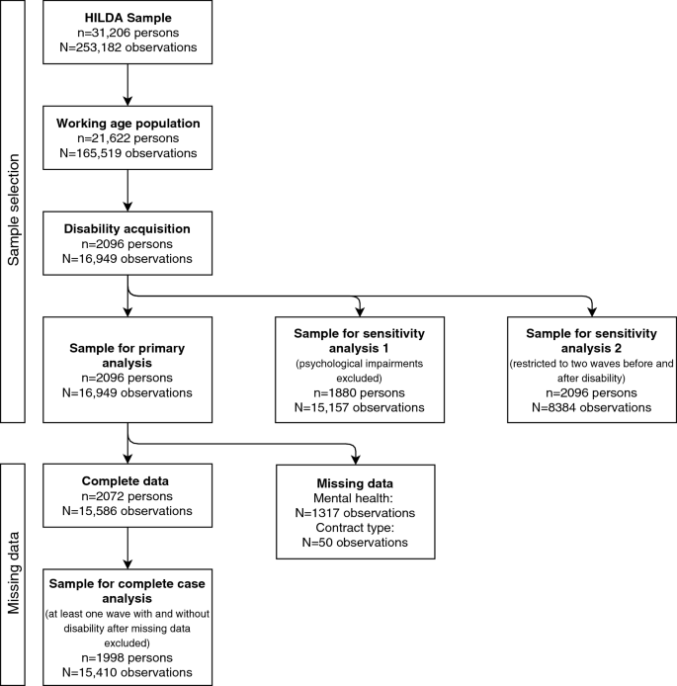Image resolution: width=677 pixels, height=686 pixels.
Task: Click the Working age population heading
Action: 127,124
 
